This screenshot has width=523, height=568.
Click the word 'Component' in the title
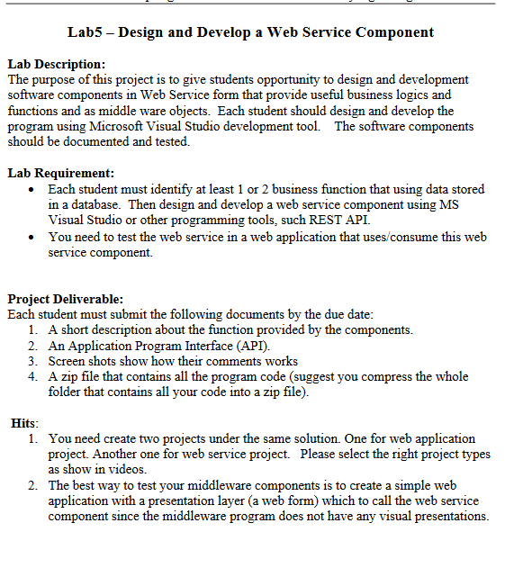(x=394, y=32)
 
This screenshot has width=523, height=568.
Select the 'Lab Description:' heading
(x=56, y=65)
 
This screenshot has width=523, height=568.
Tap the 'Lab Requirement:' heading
(x=60, y=173)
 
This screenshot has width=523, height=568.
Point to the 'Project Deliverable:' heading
(x=65, y=299)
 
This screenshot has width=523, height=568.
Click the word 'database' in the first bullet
(x=100, y=204)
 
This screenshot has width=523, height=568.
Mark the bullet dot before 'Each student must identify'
(x=32, y=190)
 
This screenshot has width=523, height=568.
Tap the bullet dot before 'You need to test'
(x=32, y=238)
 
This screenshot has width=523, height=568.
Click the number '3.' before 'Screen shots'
(x=33, y=361)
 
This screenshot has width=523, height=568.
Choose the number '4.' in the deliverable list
(x=33, y=376)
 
